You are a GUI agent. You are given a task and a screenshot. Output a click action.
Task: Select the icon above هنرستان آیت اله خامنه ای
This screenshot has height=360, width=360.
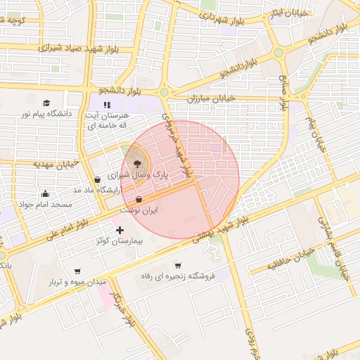point(108,105)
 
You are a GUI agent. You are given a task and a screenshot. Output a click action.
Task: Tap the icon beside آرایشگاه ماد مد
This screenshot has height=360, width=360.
point(97,179)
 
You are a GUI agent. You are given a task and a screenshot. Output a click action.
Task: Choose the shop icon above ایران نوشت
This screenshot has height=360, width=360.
point(139,199)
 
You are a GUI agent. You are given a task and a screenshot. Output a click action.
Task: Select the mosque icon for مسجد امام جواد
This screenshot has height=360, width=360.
point(46,193)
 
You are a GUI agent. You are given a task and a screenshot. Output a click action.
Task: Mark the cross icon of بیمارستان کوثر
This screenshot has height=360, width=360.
point(120,230)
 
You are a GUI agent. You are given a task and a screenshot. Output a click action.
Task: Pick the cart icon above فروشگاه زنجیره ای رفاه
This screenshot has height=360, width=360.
point(178,265)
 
